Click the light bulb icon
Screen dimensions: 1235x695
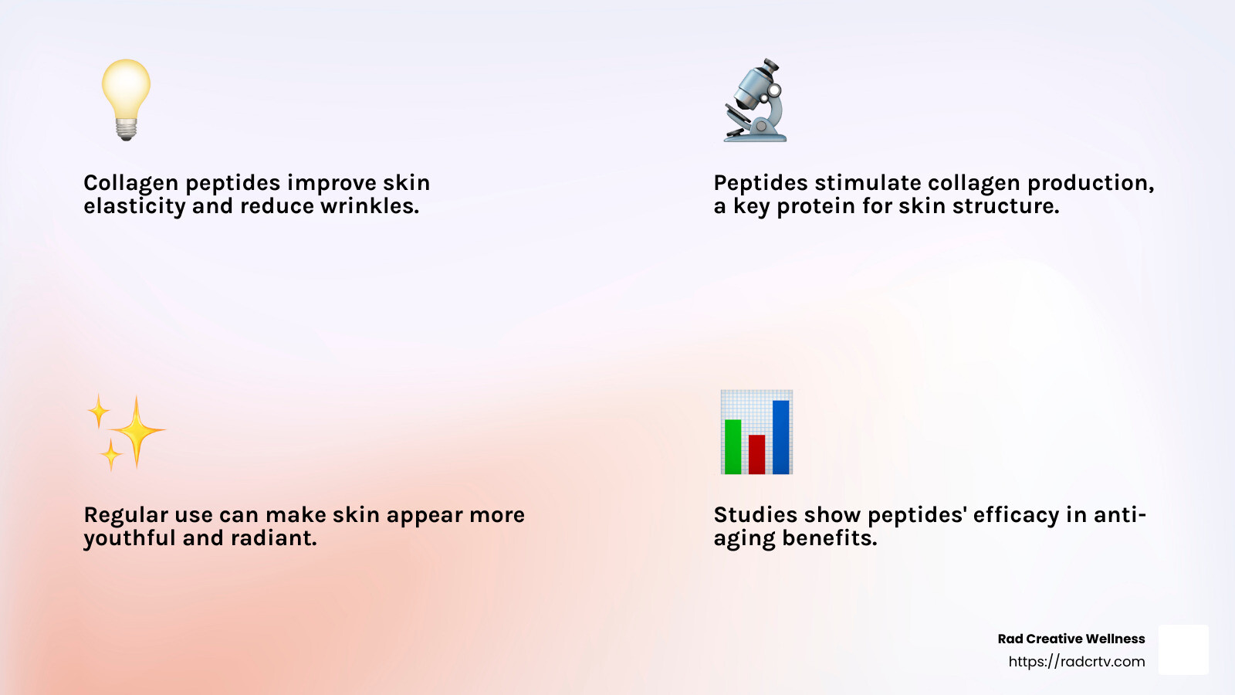pos(127,100)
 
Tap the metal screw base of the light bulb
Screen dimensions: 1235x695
pos(127,129)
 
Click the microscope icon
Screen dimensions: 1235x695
pos(755,100)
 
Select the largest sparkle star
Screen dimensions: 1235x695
pos(137,432)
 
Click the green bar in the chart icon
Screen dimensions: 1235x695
pos(733,447)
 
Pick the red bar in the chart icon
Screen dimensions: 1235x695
pos(756,455)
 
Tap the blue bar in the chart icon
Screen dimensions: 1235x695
pos(780,437)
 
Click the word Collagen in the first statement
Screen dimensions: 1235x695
pos(130,182)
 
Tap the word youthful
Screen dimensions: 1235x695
pos(129,538)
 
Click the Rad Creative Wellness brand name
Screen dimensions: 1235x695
pos(1071,639)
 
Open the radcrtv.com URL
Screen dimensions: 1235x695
pos(1077,661)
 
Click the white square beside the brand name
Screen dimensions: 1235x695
pos(1184,649)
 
